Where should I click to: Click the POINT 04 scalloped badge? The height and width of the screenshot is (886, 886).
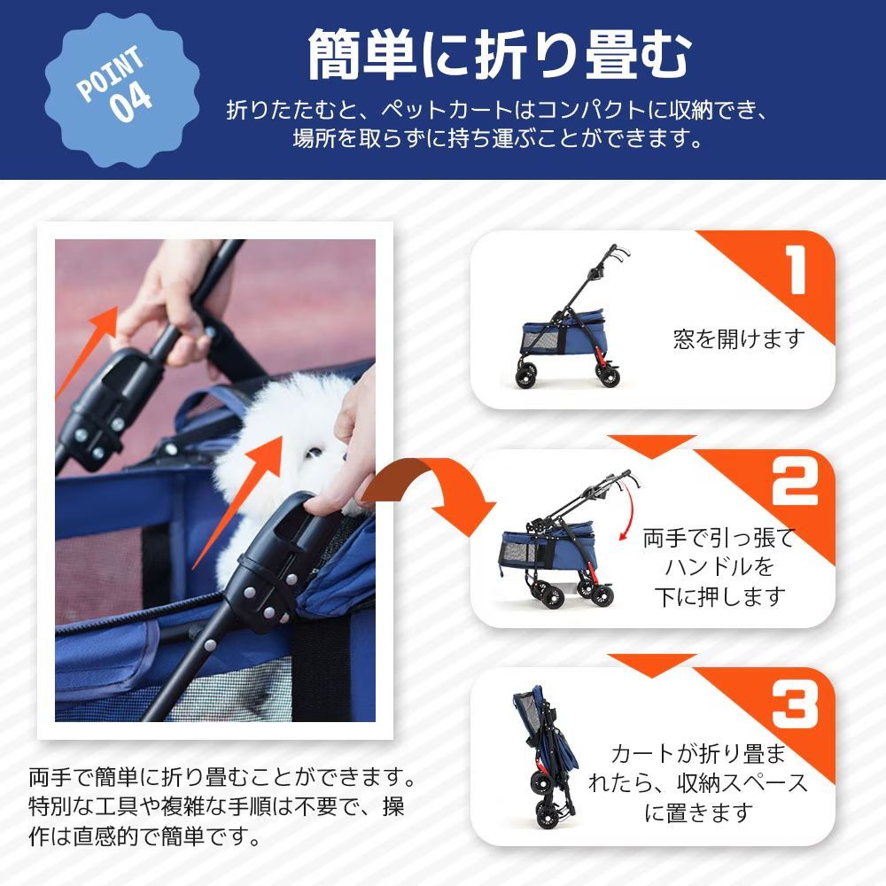pyautogui.click(x=122, y=90)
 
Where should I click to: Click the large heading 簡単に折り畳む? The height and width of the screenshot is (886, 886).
pyautogui.click(x=500, y=55)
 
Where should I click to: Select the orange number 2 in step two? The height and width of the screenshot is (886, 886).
pyautogui.click(x=795, y=481)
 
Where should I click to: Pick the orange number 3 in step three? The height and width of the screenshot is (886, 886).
pyautogui.click(x=795, y=704)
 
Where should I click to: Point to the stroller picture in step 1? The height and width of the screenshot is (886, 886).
pyautogui.click(x=570, y=316)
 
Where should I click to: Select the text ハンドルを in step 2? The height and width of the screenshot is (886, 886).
pyautogui.click(x=719, y=567)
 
